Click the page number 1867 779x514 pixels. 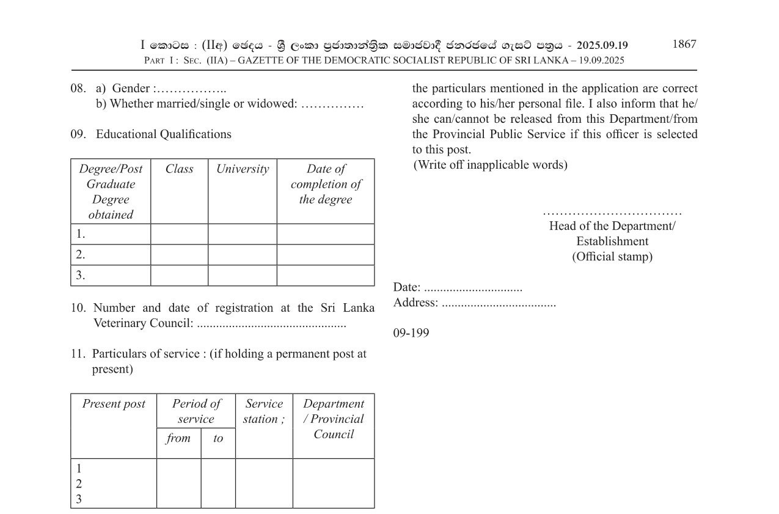[x=684, y=44]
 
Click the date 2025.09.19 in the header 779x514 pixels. [x=602, y=45]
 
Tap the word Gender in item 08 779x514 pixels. [x=131, y=89]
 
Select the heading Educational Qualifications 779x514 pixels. [x=163, y=134]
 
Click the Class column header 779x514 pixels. [x=179, y=169]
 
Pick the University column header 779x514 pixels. [x=242, y=169]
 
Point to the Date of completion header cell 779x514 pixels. [x=326, y=184]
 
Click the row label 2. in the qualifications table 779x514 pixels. [x=81, y=254]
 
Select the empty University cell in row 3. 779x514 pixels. [x=242, y=275]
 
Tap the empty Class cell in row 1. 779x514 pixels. [x=179, y=234]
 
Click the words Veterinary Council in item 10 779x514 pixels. [x=143, y=323]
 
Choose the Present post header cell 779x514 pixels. [x=114, y=404]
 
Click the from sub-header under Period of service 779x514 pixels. [x=178, y=438]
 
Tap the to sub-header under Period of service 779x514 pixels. [x=218, y=438]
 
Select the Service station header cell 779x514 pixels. [x=263, y=411]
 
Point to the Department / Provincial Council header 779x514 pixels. [x=333, y=419]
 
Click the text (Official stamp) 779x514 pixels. [x=612, y=257]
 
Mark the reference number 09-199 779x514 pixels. [x=411, y=333]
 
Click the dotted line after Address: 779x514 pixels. [x=499, y=303]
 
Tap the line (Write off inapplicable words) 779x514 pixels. [x=490, y=165]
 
